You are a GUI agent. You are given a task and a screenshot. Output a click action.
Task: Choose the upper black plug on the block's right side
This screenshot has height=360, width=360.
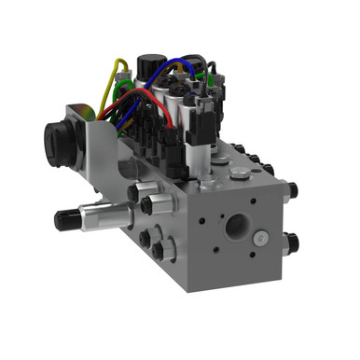pos(293,190)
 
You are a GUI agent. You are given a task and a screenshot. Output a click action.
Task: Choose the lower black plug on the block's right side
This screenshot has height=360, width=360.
pos(293,244)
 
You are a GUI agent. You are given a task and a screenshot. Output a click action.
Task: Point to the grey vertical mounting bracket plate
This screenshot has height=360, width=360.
pos(93,159)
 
